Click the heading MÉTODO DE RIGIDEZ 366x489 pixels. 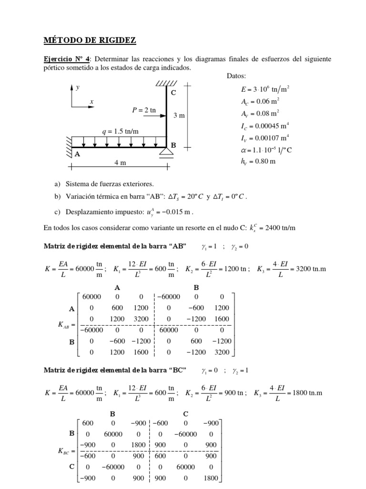click(x=90, y=41)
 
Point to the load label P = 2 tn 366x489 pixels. click(x=144, y=110)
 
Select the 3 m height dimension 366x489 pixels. click(x=179, y=116)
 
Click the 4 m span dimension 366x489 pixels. click(x=120, y=162)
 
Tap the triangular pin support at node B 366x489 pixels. click(x=167, y=152)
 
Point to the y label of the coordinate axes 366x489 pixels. click(x=77, y=87)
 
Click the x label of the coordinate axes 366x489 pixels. click(x=91, y=102)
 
